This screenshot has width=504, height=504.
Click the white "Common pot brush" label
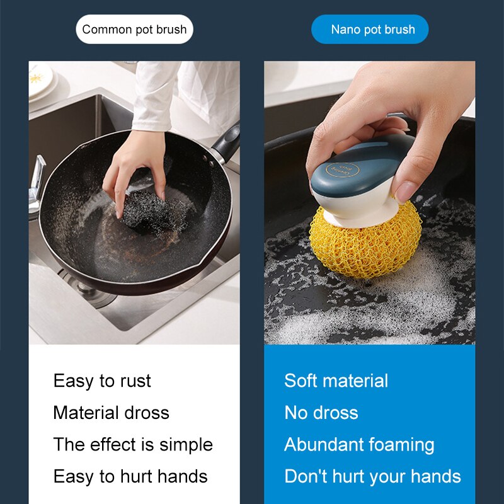point(134,29)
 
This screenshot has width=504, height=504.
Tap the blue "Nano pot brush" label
point(370,29)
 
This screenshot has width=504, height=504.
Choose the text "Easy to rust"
point(102,381)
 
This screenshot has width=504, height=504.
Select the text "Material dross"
point(112,413)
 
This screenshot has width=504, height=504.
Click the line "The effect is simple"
point(133,445)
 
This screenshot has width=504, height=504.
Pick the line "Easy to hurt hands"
point(130,476)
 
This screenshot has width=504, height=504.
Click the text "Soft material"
point(336,381)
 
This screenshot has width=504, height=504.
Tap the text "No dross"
point(321,413)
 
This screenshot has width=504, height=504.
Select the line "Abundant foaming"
point(359,445)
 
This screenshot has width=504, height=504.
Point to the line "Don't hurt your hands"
point(373,477)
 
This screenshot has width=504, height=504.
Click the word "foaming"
point(402,445)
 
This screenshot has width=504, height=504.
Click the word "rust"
point(135,381)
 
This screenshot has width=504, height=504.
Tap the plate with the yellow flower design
point(40,80)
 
